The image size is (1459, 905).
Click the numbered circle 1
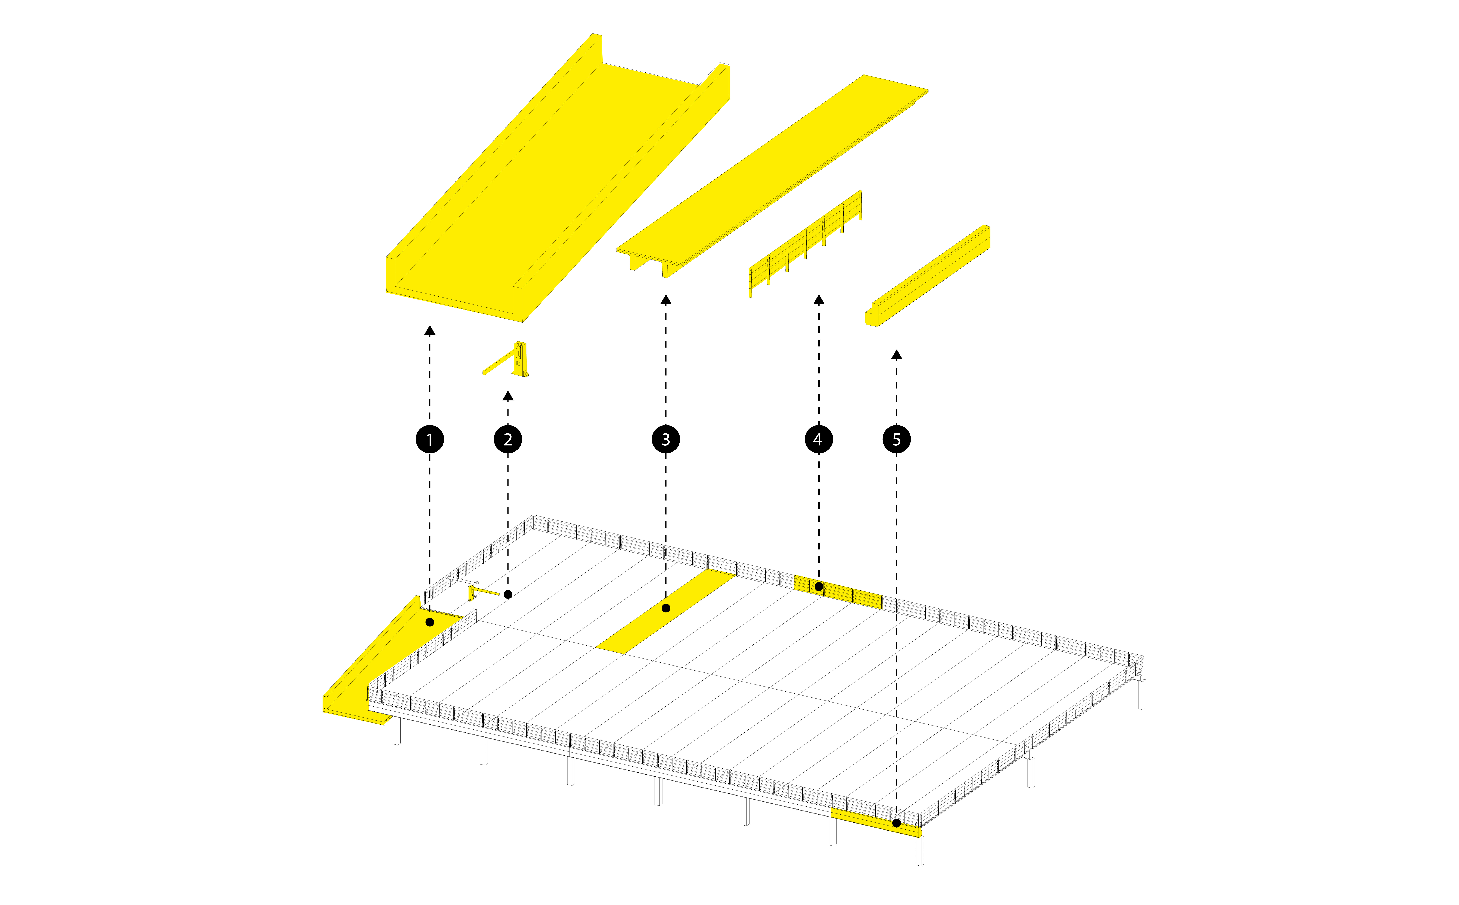pos(429,439)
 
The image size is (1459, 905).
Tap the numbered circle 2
pos(508,439)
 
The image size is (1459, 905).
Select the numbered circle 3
pos(665,439)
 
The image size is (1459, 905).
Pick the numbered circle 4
pos(819,439)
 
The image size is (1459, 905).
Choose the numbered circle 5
pos(897,439)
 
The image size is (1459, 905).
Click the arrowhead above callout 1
pos(429,330)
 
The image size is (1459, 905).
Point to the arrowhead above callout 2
pos(508,396)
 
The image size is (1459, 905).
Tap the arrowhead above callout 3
pos(665,299)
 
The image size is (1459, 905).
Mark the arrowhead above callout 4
pos(819,299)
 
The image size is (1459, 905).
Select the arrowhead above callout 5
pos(897,355)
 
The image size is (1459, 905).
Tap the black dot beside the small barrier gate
pos(508,594)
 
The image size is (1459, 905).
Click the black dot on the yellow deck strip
pos(665,608)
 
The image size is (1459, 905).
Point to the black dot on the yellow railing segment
pos(819,587)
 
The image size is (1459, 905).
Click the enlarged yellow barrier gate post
pos(520,359)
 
